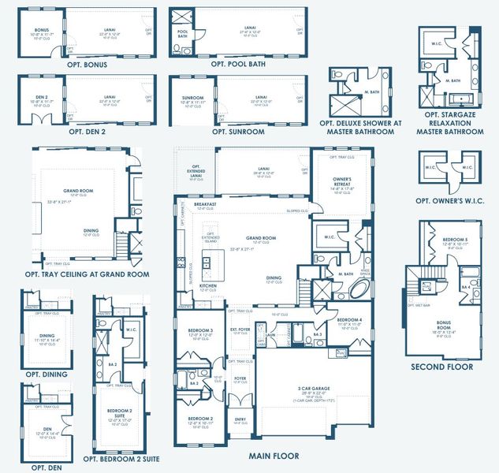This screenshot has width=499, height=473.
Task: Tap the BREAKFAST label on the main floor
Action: coord(194,204)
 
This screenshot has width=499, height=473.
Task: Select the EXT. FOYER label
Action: coord(239,330)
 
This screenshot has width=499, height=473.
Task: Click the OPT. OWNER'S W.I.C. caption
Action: coord(449,200)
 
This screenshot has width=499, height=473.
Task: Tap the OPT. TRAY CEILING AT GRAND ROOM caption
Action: coord(87,274)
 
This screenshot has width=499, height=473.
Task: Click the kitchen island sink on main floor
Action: coord(207,259)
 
